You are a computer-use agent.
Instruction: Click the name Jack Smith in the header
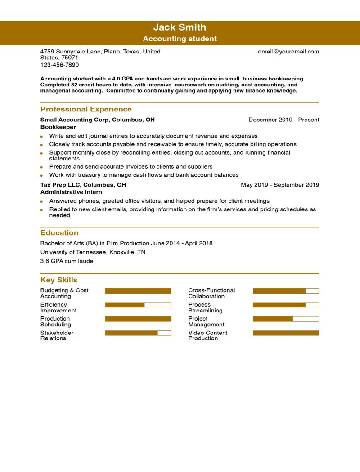(180, 27)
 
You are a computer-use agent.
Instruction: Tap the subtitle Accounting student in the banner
(180, 39)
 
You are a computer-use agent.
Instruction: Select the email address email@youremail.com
(288, 52)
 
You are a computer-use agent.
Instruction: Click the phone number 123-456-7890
(59, 65)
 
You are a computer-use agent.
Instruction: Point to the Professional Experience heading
(86, 109)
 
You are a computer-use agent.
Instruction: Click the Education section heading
(59, 233)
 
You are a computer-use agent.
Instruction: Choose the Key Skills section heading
(58, 280)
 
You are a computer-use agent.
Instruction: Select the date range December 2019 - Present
(283, 120)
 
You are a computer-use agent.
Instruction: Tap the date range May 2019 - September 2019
(280, 185)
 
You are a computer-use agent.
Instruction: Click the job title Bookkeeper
(58, 127)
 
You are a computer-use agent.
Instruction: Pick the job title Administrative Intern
(71, 192)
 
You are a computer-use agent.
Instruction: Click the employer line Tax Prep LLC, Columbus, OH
(83, 185)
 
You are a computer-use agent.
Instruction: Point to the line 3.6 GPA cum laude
(67, 261)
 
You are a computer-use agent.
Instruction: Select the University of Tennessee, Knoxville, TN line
(93, 252)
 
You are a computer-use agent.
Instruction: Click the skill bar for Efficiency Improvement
(138, 305)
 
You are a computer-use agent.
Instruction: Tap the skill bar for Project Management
(286, 319)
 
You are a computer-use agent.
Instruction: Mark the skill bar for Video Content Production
(286, 333)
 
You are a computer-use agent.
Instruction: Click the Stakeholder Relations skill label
(57, 335)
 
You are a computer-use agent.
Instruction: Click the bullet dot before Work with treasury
(41, 175)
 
